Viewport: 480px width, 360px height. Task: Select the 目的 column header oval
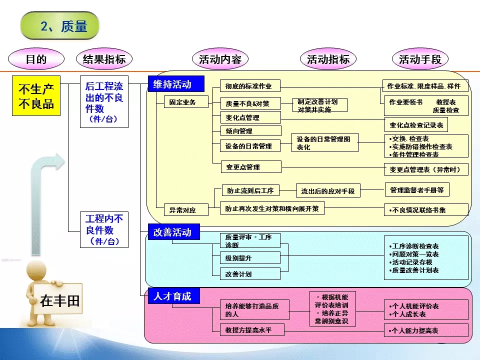click(36, 59)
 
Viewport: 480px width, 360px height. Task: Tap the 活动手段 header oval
click(420, 59)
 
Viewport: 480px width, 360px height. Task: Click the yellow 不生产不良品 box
click(36, 96)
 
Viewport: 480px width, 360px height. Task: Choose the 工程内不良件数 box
click(104, 229)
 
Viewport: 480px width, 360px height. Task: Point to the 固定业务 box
click(179, 102)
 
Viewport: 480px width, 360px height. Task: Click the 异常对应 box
click(179, 210)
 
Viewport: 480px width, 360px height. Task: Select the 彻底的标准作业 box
click(250, 86)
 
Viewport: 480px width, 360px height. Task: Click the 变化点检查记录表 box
click(416, 124)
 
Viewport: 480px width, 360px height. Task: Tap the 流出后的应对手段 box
click(328, 190)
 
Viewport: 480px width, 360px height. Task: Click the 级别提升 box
click(250, 258)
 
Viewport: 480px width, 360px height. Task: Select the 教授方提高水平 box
click(252, 330)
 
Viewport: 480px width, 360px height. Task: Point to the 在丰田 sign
click(60, 300)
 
